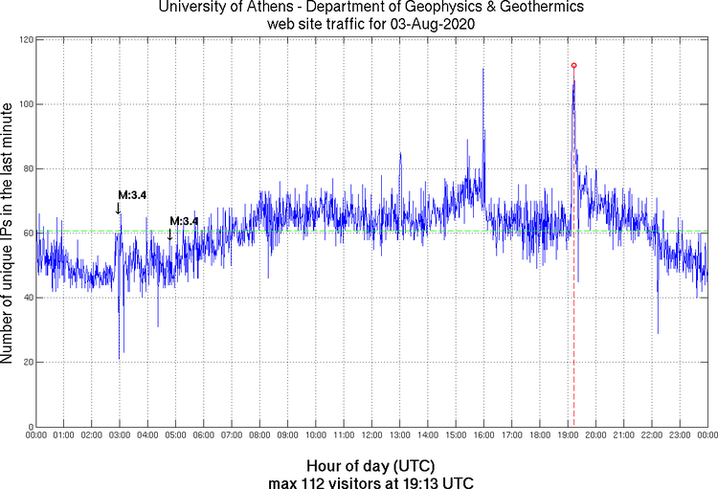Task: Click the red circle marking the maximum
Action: [573, 65]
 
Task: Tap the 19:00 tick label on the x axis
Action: [567, 435]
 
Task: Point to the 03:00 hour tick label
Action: [120, 435]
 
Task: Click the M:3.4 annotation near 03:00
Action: [132, 195]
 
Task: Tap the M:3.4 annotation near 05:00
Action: [184, 221]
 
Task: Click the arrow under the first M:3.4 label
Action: [119, 208]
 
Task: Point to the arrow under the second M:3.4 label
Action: [170, 234]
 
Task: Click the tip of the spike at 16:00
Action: [483, 69]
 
